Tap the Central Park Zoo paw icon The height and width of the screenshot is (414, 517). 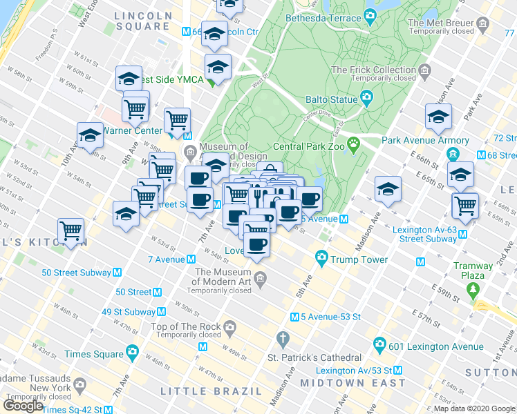coord(354,145)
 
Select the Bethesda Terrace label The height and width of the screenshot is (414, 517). coord(323,17)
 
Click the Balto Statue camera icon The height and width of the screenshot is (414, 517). coord(366,99)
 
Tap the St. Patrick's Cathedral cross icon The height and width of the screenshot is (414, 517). coord(282,339)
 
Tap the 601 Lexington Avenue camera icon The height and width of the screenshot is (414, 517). coord(379,344)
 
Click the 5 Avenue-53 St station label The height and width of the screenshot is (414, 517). coord(330,317)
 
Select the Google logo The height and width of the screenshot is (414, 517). coord(23,405)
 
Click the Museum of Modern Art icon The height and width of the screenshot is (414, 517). coord(260,279)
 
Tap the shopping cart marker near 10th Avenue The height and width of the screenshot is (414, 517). coord(71,230)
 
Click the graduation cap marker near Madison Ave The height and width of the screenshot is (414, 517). coord(388,188)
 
